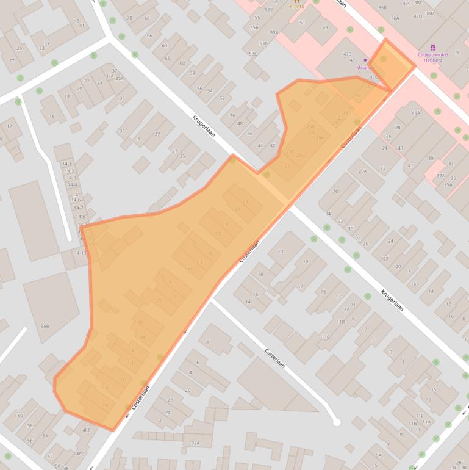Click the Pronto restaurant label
click(297, 7)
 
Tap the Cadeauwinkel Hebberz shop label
click(433, 57)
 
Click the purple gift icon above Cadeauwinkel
click(433, 47)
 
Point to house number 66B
click(45, 326)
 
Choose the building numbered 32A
click(195, 443)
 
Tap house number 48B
click(86, 430)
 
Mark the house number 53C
click(253, 54)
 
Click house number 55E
click(268, 10)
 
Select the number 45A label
click(416, 112)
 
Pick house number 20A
click(363, 171)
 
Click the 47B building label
click(347, 54)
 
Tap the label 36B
click(382, 7)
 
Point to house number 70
click(129, 18)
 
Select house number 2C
click(188, 390)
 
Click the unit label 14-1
click(67, 164)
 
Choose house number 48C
click(80, 454)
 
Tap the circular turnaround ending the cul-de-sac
click(336, 422)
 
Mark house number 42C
click(407, 3)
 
